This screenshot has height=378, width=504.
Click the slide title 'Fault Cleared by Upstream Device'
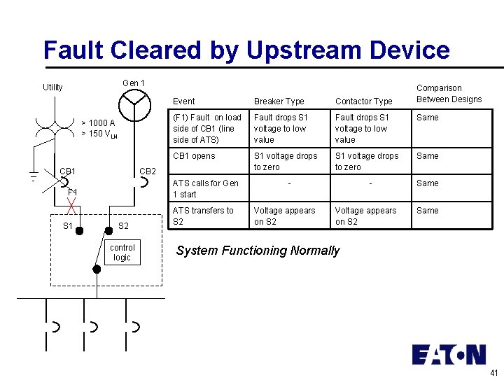click(246, 50)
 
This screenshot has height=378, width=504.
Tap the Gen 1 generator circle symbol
click(134, 105)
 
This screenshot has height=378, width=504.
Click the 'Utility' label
click(52, 87)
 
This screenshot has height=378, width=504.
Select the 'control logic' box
click(122, 253)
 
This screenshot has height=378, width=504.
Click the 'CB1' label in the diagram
click(68, 171)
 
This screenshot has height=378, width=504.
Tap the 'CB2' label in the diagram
click(148, 171)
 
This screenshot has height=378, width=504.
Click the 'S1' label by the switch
click(68, 226)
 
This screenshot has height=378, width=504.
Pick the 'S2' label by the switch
click(123, 226)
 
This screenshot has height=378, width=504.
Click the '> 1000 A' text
click(98, 123)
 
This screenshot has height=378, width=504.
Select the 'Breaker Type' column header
click(279, 101)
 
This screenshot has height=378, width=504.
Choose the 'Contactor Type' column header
click(363, 101)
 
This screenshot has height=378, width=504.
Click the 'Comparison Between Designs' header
click(449, 94)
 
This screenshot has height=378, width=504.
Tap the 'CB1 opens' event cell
click(194, 156)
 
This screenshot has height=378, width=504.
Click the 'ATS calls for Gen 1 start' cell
click(205, 189)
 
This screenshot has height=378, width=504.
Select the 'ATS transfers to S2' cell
click(203, 216)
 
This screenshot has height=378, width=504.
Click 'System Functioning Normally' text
click(258, 251)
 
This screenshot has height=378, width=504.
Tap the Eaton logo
click(449, 354)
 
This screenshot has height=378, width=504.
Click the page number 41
click(494, 372)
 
